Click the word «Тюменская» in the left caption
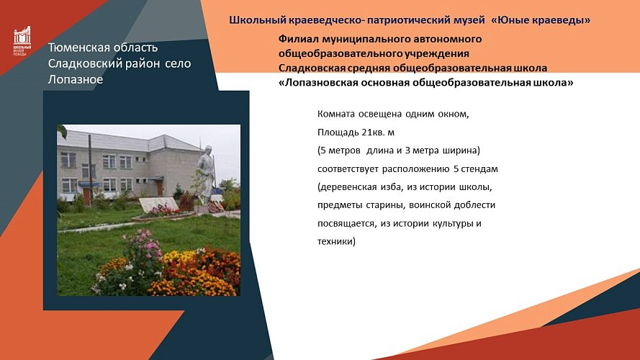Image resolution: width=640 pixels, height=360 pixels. point(78,48)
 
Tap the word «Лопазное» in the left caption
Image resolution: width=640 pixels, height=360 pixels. point(76,79)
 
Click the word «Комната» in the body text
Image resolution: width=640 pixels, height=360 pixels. point(336,114)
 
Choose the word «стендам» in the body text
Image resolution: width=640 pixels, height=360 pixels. point(479,169)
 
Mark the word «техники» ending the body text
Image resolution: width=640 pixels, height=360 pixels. point(335,241)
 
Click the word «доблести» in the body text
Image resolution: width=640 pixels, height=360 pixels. point(472,205)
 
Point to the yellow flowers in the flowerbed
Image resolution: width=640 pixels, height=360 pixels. point(179,256)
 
